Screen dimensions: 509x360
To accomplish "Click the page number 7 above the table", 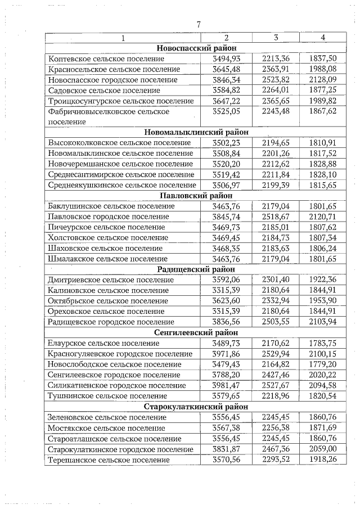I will [199, 24].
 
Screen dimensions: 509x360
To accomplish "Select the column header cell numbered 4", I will [322, 38].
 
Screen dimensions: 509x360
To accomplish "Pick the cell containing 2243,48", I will [276, 111].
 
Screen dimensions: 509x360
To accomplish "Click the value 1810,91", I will [322, 143].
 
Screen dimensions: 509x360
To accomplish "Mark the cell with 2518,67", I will [276, 217].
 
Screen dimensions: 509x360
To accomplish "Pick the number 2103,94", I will [322, 322].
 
